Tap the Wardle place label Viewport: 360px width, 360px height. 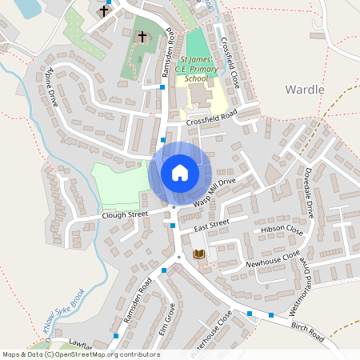click(x=305, y=90)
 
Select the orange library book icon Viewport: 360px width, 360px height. click(x=199, y=254)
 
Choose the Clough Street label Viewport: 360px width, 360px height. click(x=126, y=215)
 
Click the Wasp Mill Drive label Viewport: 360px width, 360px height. click(x=216, y=195)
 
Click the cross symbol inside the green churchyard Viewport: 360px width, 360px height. click(x=142, y=37)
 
